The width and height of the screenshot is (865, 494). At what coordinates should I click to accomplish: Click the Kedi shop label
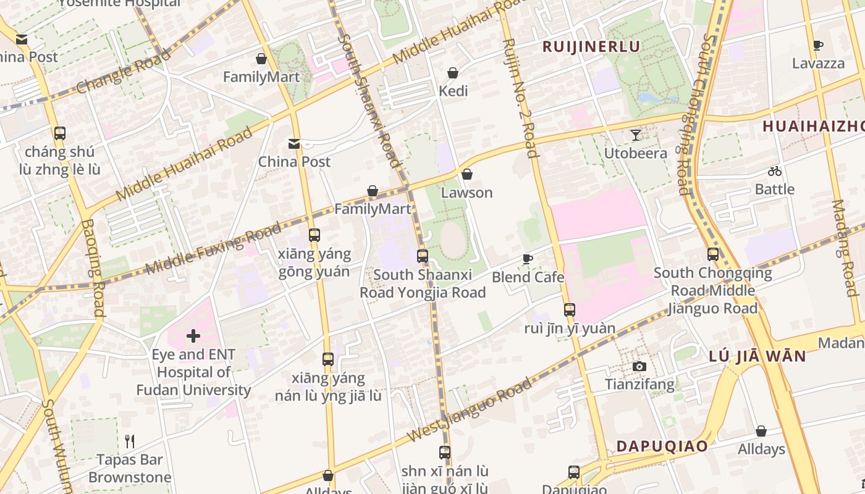click(453, 91)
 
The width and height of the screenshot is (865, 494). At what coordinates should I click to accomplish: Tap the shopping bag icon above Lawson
click(467, 175)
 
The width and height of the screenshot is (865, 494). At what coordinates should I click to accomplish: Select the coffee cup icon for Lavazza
click(818, 45)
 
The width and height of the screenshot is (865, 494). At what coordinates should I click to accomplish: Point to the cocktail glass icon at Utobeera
click(635, 135)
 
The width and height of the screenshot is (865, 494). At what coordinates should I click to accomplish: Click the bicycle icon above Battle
click(775, 171)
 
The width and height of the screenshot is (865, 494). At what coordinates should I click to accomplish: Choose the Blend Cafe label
click(528, 277)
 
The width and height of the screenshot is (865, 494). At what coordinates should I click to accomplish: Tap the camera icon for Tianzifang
click(639, 367)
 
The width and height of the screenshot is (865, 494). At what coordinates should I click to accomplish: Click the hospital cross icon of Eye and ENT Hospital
click(193, 336)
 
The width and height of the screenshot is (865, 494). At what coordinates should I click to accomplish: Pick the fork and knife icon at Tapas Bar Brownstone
click(130, 442)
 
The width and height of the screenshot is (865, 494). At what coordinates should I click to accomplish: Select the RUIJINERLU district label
click(591, 47)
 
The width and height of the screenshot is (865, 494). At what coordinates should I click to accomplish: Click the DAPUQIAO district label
click(662, 446)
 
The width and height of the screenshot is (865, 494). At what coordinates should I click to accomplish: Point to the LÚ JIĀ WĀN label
click(757, 356)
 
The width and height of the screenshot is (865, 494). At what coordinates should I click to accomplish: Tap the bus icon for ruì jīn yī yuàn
click(570, 310)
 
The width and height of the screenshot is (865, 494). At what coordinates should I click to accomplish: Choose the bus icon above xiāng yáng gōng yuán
click(314, 235)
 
